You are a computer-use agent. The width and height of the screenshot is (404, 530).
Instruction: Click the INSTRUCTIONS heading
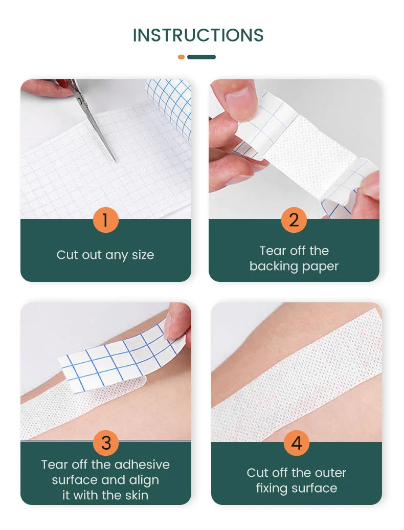[x=198, y=35]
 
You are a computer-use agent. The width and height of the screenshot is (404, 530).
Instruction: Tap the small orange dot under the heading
[x=181, y=57]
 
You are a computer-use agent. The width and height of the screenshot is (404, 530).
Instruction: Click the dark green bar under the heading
[x=201, y=57]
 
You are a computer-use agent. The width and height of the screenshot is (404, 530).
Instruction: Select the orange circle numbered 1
[x=105, y=220]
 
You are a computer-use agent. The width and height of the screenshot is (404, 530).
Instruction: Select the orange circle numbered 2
[x=294, y=220]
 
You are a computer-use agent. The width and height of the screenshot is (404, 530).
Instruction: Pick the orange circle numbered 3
[x=105, y=443]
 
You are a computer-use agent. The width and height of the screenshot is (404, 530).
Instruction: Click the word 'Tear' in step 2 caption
[x=273, y=251]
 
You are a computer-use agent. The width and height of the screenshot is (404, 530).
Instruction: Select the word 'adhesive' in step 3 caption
[x=142, y=465]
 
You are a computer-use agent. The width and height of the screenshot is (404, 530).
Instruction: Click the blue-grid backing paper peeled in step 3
[x=118, y=358]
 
